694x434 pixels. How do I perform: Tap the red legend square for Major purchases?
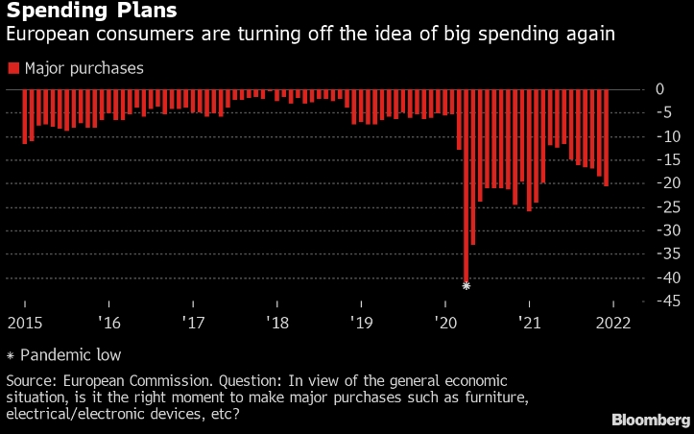point(12,68)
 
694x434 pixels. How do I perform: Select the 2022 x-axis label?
point(612,323)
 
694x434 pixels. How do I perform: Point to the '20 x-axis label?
point(444,323)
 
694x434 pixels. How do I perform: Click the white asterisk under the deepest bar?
point(467,286)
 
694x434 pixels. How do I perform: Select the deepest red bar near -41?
point(467,182)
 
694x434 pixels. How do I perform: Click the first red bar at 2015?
point(25,116)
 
